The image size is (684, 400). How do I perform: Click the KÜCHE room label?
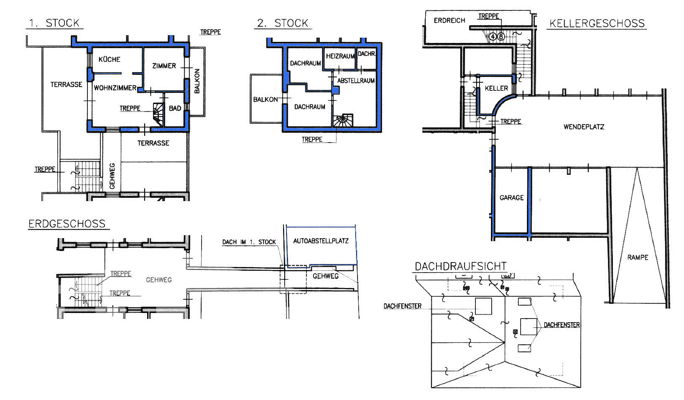(109, 59)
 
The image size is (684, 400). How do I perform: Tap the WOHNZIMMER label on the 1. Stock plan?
(115, 88)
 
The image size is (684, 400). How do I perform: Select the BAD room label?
(175, 108)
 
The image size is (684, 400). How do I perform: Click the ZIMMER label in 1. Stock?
(164, 66)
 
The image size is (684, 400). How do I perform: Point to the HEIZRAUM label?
(340, 56)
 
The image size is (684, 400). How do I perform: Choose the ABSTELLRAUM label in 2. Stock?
(356, 80)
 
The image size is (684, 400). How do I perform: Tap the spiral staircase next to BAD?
(158, 114)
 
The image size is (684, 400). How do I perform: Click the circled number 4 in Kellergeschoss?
(492, 36)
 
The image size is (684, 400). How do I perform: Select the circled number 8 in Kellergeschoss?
(501, 36)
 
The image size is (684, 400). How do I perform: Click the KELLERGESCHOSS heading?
(597, 23)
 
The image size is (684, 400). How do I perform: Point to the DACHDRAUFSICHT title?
(461, 266)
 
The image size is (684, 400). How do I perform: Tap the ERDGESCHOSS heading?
(67, 224)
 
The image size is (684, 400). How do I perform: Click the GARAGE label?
(512, 198)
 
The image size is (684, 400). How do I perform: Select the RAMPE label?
(638, 257)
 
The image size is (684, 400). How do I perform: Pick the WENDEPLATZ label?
(584, 127)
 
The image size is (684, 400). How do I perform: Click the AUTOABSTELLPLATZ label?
(321, 241)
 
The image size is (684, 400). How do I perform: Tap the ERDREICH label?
(449, 21)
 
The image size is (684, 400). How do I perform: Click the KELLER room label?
(497, 88)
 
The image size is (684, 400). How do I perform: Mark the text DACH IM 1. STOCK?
(249, 242)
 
